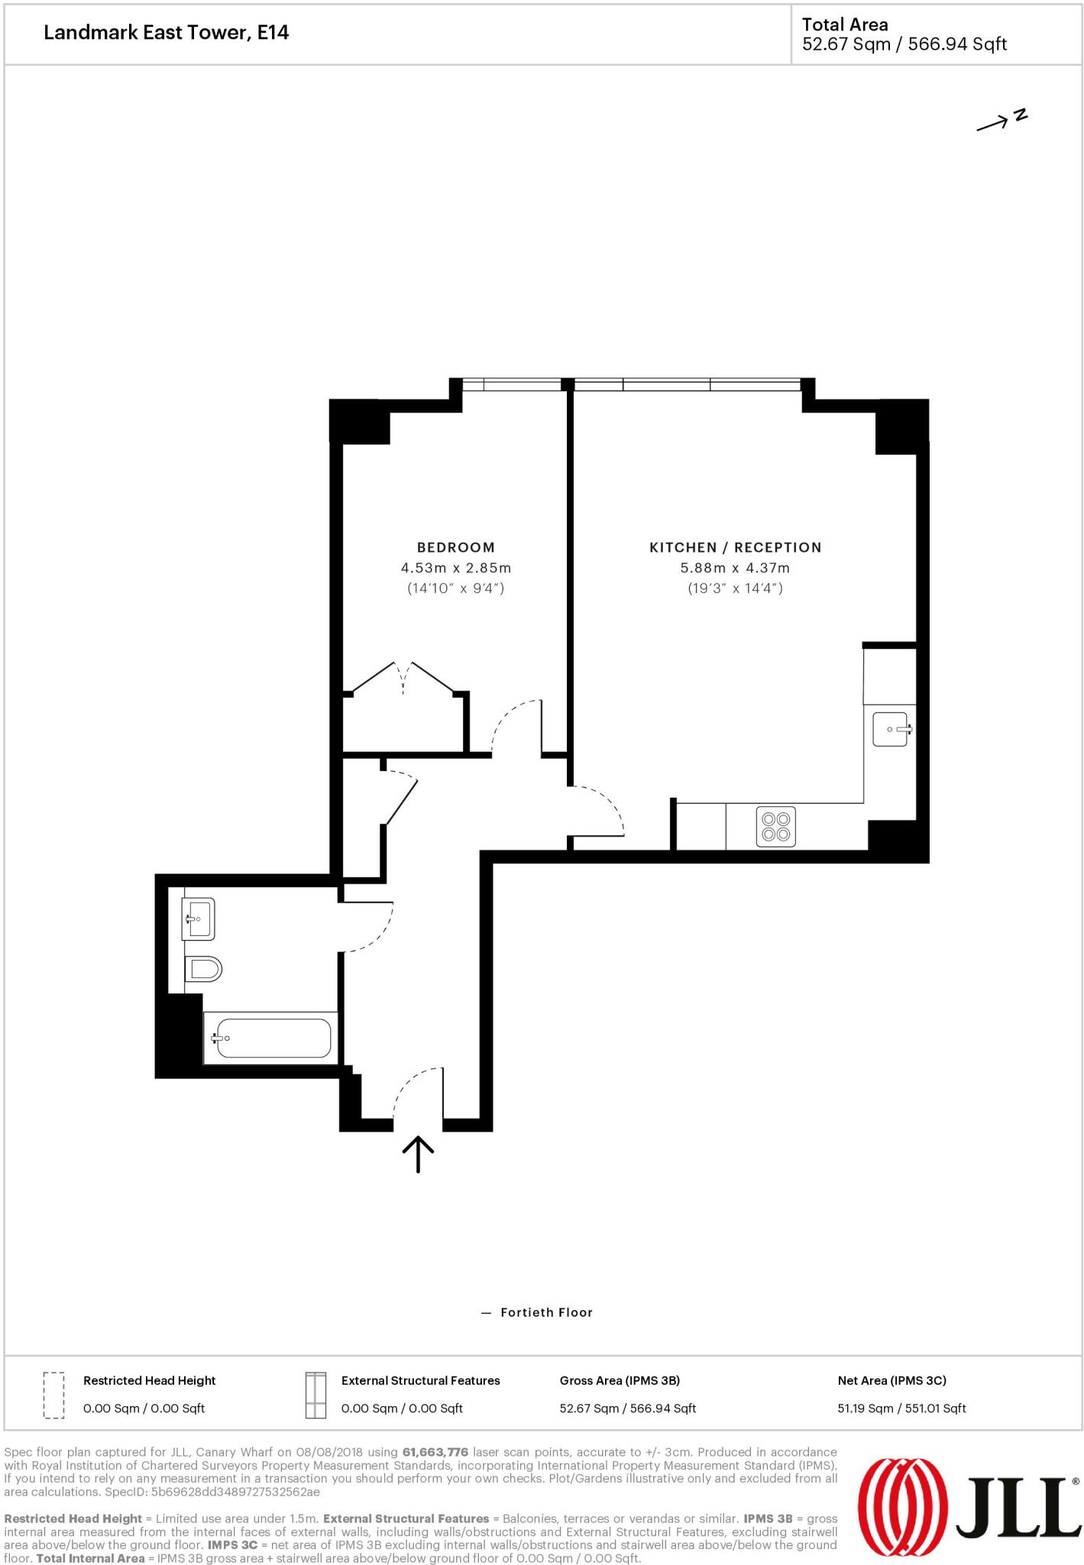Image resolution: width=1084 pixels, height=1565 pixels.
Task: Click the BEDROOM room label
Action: click(455, 547)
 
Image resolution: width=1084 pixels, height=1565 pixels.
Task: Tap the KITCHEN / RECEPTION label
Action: click(735, 547)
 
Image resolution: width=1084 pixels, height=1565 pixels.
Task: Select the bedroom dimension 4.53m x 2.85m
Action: click(455, 568)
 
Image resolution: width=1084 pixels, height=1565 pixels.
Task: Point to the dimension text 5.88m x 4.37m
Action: click(735, 568)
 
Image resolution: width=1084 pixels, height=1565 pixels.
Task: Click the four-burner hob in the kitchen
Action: click(775, 827)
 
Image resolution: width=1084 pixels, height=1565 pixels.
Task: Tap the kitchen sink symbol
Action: click(891, 728)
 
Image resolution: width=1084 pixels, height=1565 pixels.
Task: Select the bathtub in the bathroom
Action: click(273, 1038)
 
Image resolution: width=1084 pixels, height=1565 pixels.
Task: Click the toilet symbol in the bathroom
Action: click(203, 970)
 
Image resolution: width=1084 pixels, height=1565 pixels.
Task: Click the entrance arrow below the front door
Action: click(418, 1154)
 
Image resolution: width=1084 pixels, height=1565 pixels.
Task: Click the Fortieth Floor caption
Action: click(546, 1312)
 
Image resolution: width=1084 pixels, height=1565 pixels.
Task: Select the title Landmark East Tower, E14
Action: click(166, 33)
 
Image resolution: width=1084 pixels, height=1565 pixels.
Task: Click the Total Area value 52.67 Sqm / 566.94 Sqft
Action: click(904, 44)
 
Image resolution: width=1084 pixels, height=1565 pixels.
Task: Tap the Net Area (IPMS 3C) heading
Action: click(891, 1380)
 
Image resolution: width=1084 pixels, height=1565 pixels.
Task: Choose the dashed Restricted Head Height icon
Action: click(53, 1395)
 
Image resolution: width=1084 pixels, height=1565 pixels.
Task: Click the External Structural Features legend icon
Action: click(315, 1395)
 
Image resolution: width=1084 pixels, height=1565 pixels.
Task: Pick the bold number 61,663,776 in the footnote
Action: click(435, 1452)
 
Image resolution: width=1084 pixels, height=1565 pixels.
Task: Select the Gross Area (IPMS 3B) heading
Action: click(619, 1380)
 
